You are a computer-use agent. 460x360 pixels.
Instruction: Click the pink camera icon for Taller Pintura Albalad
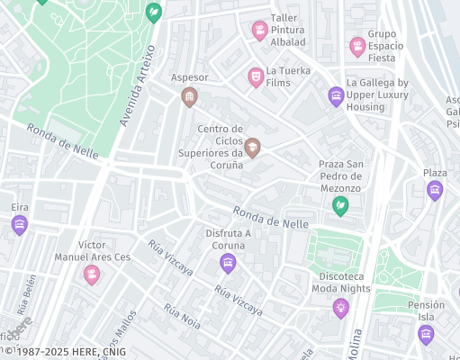(x=259, y=31)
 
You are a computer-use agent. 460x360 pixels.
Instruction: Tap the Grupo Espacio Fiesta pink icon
(x=357, y=46)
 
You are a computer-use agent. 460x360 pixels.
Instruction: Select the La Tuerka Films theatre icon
(x=255, y=77)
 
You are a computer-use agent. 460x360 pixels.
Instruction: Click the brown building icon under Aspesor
(x=189, y=96)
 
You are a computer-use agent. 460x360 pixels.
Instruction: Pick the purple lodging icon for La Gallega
(x=336, y=95)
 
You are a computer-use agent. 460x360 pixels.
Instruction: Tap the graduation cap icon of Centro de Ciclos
(x=252, y=147)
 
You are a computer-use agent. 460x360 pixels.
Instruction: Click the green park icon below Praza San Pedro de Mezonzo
(x=340, y=207)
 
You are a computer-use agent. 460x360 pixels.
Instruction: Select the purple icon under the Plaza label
(x=435, y=190)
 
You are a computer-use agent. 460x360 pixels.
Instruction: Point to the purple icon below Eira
(x=20, y=225)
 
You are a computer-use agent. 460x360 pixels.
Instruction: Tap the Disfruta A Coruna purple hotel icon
(x=228, y=263)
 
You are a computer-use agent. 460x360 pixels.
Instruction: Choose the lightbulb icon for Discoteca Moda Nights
(x=340, y=308)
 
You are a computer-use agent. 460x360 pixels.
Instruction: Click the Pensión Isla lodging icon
(x=426, y=334)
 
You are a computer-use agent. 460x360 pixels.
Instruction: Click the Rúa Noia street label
(x=183, y=315)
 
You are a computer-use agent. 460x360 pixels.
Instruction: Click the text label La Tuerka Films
(x=291, y=76)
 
